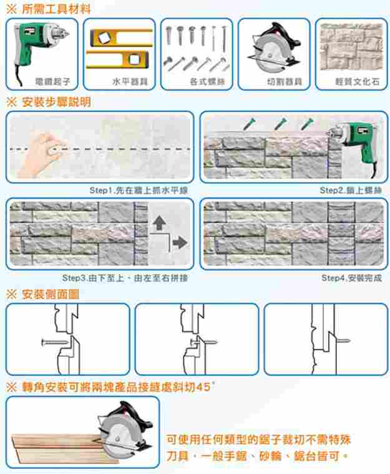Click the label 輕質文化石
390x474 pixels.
pos(351,82)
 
